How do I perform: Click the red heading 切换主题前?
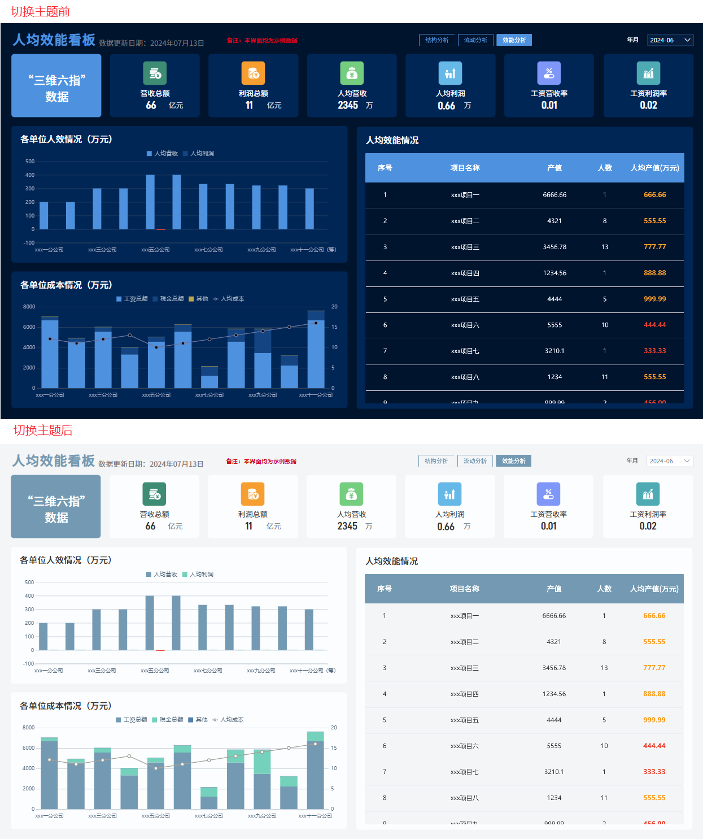(40, 11)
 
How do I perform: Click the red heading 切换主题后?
(43, 430)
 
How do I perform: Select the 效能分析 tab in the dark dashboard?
(514, 40)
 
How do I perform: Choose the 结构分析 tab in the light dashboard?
(436, 461)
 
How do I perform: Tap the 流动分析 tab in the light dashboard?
(475, 461)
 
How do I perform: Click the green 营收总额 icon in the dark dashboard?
(155, 73)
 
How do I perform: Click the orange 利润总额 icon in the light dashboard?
(252, 494)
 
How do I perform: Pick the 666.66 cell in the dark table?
(654, 195)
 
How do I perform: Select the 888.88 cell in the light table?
(654, 694)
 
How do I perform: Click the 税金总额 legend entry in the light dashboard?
(167, 719)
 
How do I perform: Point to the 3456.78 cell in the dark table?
(554, 247)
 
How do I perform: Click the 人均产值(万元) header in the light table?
(654, 589)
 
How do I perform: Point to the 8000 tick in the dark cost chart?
(29, 307)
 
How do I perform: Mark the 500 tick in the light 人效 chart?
(29, 582)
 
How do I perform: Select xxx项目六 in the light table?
(464, 746)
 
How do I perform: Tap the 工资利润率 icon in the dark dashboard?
(648, 73)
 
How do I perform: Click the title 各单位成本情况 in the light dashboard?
(66, 706)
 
